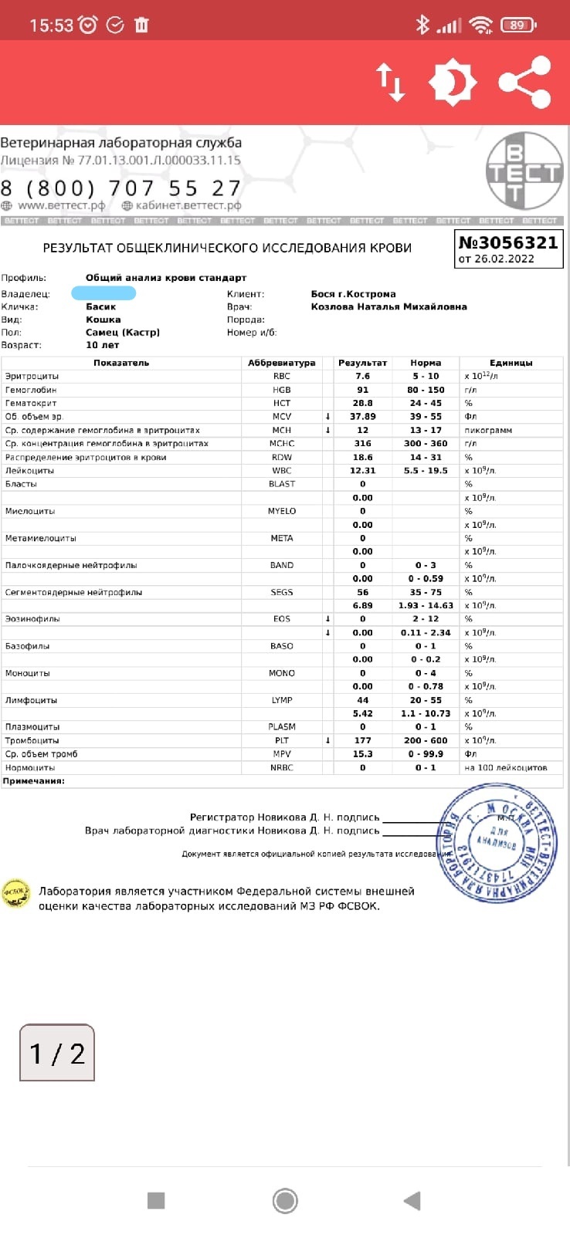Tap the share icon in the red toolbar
(524, 82)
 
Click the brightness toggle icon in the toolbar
(453, 82)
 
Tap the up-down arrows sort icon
(391, 82)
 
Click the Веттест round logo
(524, 171)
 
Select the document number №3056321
(508, 242)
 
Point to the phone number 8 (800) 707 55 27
(120, 188)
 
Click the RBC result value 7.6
(362, 377)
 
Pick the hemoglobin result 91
(362, 390)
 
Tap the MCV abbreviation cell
(282, 417)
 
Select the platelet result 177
(362, 740)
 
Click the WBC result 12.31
(362, 470)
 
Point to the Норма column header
(426, 363)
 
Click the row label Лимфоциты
(31, 700)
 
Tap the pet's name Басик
(101, 306)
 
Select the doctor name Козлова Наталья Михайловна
(388, 306)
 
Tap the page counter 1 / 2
(57, 1053)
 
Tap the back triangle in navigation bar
(412, 1200)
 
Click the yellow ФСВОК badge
(15, 894)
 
